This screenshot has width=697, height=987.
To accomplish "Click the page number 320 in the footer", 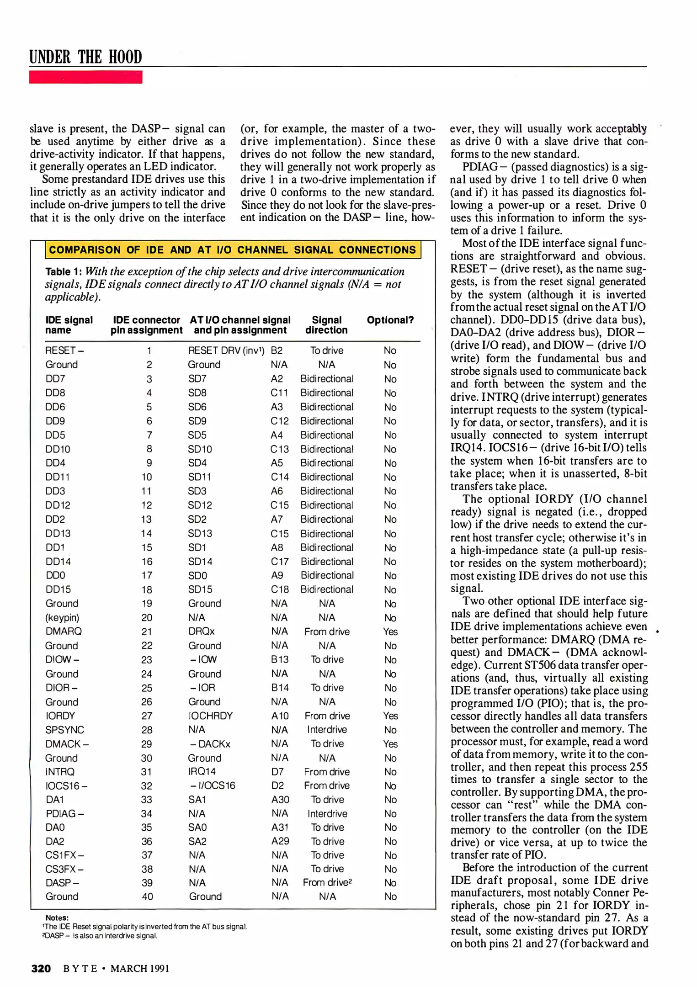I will [x=41, y=968].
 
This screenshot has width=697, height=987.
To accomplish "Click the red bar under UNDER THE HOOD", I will [x=85, y=77].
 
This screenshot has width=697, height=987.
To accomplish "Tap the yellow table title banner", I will [x=233, y=249].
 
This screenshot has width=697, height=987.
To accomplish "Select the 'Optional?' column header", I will [x=390, y=320].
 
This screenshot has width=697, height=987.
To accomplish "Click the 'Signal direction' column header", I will [x=326, y=325].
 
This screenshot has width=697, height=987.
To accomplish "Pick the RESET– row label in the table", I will [x=64, y=350].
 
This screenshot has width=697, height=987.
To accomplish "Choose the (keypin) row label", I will [x=62, y=618].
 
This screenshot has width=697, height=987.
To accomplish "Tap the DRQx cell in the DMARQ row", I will [x=201, y=631].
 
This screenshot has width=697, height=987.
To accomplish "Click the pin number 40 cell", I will [x=147, y=897].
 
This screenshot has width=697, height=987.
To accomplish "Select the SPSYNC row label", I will [x=64, y=730].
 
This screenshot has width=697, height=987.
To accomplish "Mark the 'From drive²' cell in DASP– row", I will [x=327, y=882].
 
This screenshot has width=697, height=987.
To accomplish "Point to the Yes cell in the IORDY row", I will [x=390, y=716].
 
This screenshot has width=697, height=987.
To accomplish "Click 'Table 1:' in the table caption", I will [x=64, y=271].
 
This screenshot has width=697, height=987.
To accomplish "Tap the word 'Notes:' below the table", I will [x=57, y=918].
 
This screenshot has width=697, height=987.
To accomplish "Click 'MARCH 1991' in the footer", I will [x=140, y=969].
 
